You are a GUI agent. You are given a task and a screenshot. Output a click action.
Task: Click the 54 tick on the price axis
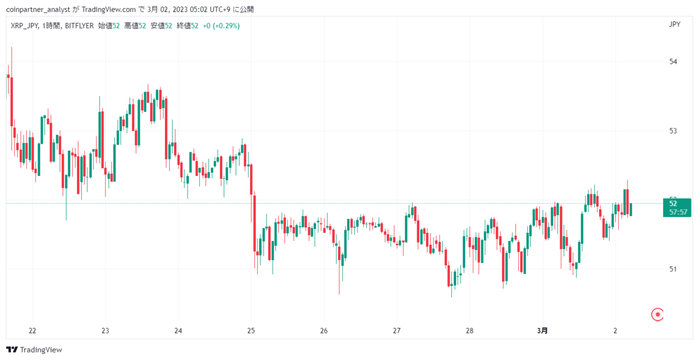673,62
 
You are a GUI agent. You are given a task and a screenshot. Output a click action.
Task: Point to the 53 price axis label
673,131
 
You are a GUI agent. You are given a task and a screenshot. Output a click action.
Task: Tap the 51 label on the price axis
673,269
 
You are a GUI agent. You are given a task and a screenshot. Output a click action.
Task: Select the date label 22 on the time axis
32,331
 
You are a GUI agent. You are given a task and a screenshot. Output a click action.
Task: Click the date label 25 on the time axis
251,331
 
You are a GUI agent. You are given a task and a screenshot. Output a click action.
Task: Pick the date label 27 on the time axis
396,331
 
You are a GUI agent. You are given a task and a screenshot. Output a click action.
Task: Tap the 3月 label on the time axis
542,331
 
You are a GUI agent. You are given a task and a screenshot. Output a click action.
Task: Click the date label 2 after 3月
615,331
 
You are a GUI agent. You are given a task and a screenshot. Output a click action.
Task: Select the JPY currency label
674,25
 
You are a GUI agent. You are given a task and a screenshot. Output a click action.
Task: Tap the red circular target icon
657,315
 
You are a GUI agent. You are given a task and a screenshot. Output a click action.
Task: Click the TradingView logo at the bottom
34,350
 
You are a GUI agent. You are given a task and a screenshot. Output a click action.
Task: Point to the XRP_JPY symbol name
25,26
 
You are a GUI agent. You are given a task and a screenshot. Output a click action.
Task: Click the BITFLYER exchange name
79,26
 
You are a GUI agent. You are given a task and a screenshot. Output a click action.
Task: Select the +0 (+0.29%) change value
221,26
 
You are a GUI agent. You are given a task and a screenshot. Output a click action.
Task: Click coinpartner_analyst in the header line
38,10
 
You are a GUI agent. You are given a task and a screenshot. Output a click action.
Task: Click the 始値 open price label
105,26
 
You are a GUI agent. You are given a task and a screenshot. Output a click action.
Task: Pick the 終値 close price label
184,26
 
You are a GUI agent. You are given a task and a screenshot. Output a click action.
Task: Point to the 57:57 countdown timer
678,213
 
